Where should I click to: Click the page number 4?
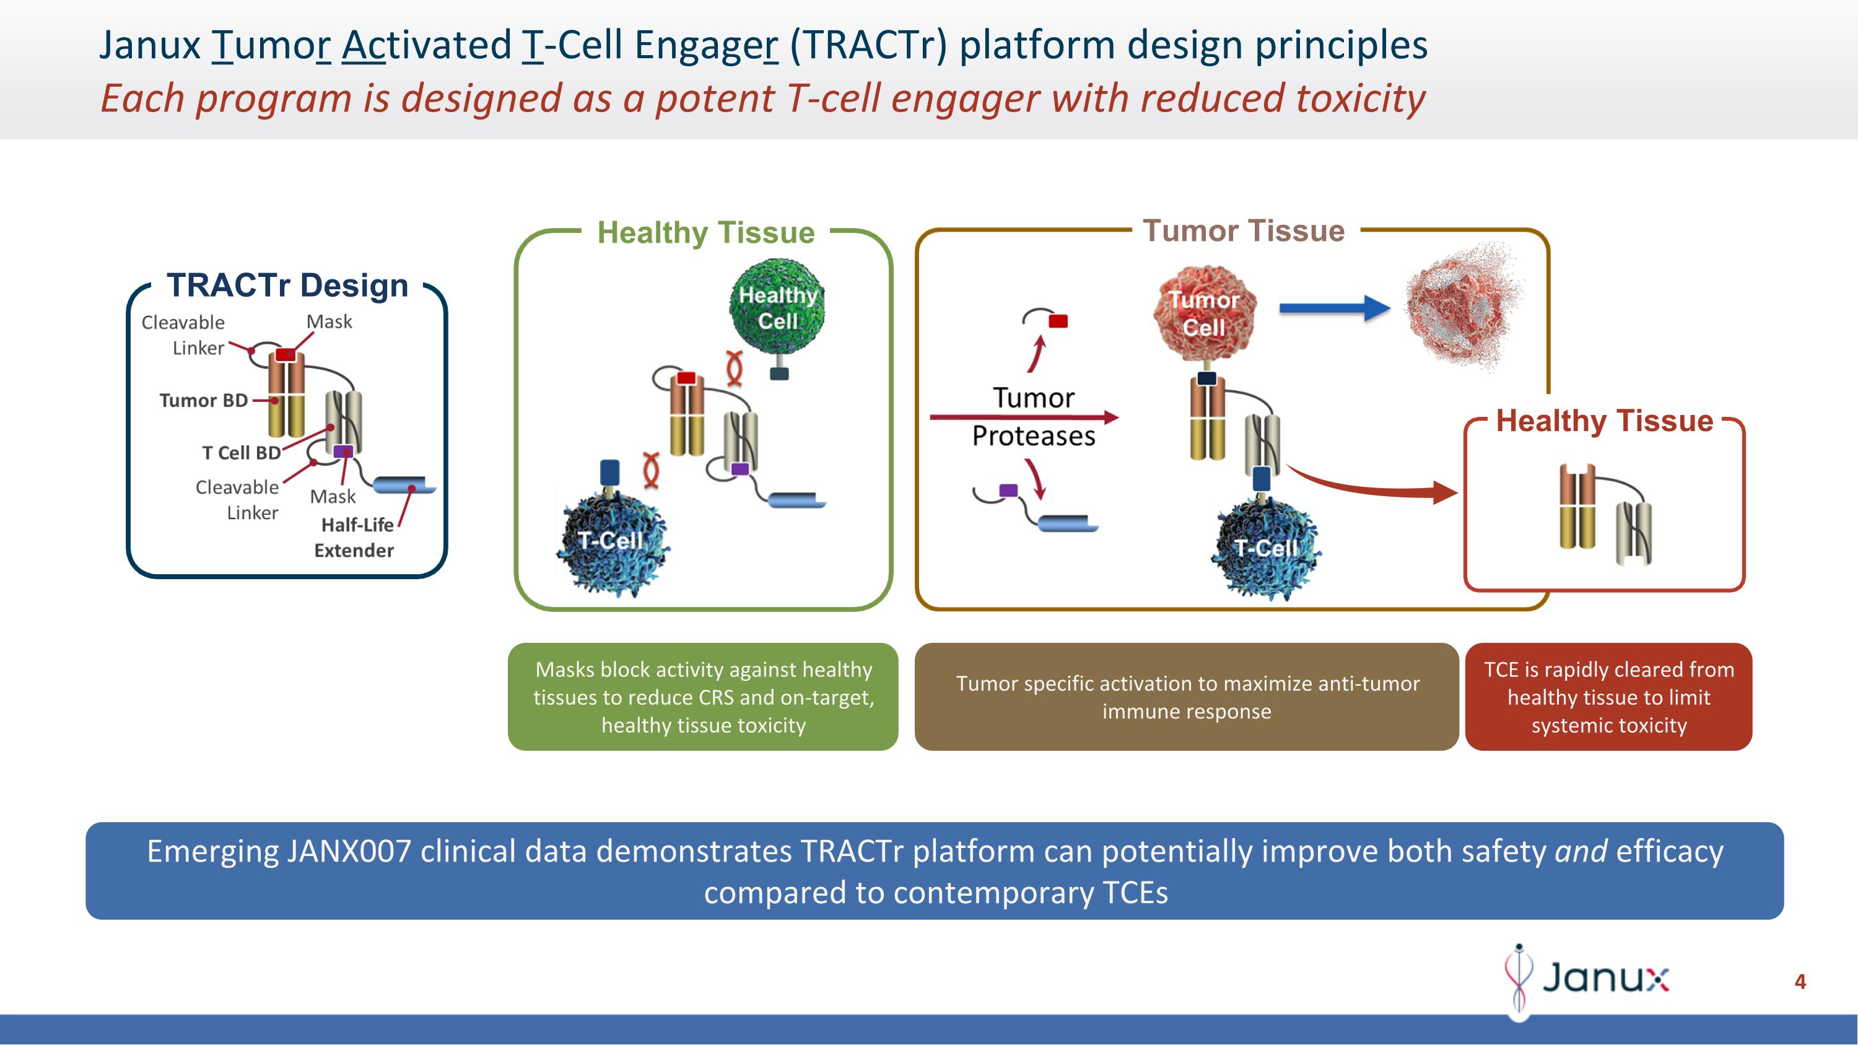tap(1800, 982)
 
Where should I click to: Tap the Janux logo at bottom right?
tap(1587, 978)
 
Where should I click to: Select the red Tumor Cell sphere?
tap(1204, 313)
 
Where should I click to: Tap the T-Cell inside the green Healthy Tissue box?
tap(612, 541)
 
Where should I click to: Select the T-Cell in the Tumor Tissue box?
tap(1267, 548)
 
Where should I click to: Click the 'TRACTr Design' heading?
tap(287, 286)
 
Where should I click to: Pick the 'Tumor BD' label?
tap(203, 400)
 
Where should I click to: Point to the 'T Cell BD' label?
tap(241, 453)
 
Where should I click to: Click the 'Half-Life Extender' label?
tap(355, 537)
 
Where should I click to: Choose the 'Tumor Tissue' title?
tap(1244, 231)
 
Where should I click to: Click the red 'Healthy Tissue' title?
tap(1604, 421)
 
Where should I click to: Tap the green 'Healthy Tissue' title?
tap(705, 233)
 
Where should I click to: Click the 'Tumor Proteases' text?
tap(1033, 417)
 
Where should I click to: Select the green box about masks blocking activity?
tap(703, 697)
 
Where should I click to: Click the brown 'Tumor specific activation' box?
tap(1187, 697)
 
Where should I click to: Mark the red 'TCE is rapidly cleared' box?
tap(1608, 697)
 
